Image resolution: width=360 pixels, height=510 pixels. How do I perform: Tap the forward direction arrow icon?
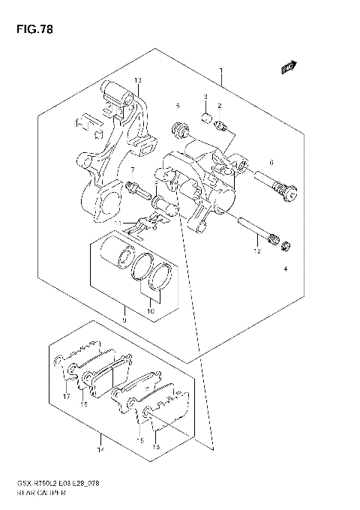pyautogui.click(x=288, y=69)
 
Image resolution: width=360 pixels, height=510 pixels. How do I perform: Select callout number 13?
pyautogui.click(x=138, y=80)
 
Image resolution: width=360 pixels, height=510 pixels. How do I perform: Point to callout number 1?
pyautogui.click(x=221, y=72)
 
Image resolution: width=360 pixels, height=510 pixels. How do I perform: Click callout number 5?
pyautogui.click(x=178, y=105)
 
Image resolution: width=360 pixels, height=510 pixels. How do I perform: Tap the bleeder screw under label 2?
pyautogui.click(x=220, y=124)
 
